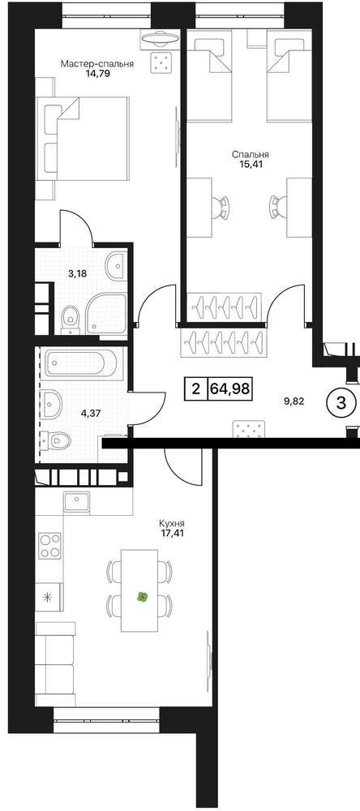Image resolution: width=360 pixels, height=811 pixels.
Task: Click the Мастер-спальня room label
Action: [97, 64]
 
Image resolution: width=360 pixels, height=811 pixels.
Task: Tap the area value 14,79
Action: [98, 74]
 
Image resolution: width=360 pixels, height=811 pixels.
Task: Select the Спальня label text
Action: [251, 155]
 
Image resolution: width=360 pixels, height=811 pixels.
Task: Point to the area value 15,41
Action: [251, 164]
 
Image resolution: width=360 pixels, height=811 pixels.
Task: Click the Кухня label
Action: [172, 523]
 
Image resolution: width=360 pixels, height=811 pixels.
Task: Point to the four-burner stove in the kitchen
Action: [50, 546]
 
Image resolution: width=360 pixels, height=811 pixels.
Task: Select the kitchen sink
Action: [76, 500]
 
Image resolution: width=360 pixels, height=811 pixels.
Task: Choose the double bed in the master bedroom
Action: [82, 139]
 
